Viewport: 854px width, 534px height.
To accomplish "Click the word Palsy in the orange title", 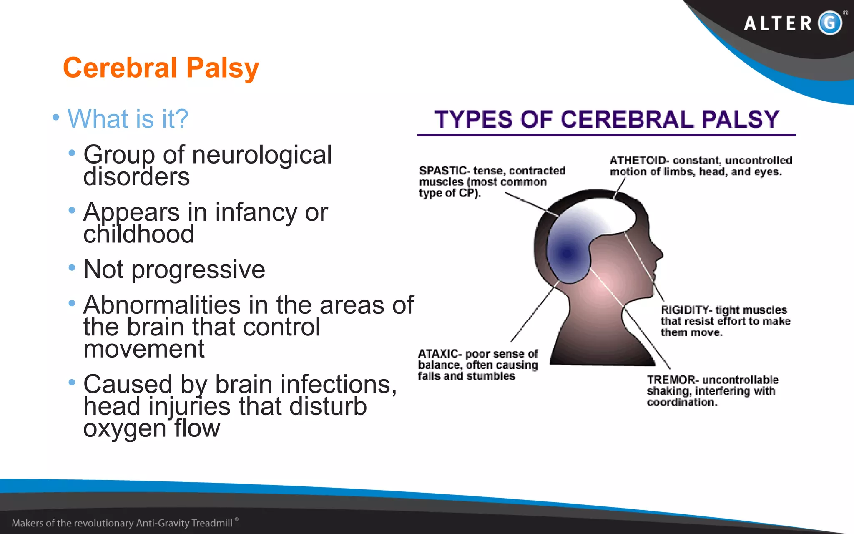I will point(222,68).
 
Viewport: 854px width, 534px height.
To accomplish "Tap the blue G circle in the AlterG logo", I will point(830,23).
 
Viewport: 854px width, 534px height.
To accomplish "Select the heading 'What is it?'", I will point(128,118).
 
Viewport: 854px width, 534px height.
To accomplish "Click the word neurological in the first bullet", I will point(261,155).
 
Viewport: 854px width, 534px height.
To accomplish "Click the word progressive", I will point(198,270).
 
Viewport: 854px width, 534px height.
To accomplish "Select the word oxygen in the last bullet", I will point(125,428).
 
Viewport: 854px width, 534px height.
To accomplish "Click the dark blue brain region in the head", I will point(567,253).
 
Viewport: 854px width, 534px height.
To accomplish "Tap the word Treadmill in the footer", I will point(211,523).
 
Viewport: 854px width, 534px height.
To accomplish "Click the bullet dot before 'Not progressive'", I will point(72,267).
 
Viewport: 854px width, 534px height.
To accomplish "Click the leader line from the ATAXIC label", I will point(534,313).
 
